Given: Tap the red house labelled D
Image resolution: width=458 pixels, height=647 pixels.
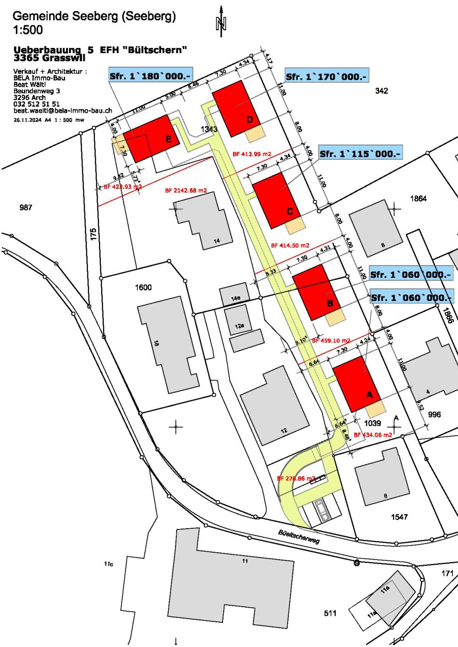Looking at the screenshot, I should (x=234, y=108).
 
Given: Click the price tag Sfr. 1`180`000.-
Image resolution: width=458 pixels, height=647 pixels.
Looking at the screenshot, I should (x=150, y=75).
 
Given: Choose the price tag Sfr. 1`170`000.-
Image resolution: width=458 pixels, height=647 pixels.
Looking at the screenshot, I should (x=326, y=76).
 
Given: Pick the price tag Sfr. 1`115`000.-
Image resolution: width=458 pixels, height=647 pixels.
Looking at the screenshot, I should (x=360, y=154).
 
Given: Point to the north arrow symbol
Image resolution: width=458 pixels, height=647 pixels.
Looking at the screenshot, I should (x=221, y=22).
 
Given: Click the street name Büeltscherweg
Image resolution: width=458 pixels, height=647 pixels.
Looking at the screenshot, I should (x=299, y=536).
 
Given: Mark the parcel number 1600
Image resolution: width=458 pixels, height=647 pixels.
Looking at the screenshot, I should (x=143, y=287).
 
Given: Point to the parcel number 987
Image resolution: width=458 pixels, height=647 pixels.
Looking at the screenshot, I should (x=26, y=208).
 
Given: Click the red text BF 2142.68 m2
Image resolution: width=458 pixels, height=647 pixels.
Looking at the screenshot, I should (x=186, y=190).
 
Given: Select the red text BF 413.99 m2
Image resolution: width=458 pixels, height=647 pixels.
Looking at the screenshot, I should (x=252, y=154).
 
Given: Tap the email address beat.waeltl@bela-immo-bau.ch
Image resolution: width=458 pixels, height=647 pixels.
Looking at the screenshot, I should (x=63, y=111).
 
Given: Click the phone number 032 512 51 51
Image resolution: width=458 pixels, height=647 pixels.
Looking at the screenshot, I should (x=37, y=104).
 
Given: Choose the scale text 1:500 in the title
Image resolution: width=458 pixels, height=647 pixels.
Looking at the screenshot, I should (x=28, y=30).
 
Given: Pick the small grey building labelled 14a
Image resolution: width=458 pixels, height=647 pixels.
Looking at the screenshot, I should (x=234, y=295).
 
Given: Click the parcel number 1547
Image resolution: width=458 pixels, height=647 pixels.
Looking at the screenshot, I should (x=399, y=517).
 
